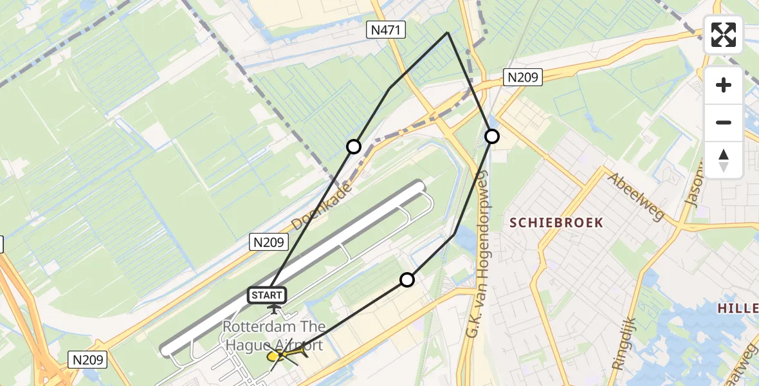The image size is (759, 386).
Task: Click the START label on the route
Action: tap(267, 295)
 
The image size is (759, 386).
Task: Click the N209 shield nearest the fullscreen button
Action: tap(523, 78)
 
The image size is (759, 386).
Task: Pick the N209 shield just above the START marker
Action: tap(270, 242)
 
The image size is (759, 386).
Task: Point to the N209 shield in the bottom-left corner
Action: tap(87, 358)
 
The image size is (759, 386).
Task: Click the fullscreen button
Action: tap(724, 35)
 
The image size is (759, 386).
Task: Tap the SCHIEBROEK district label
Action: tap(556, 223)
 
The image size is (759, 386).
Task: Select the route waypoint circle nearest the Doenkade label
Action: tap(354, 147)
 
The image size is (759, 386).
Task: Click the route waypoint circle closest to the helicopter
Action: tap(407, 279)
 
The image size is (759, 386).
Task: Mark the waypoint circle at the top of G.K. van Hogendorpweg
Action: tap(492, 136)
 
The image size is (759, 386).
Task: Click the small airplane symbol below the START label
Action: tap(275, 310)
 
